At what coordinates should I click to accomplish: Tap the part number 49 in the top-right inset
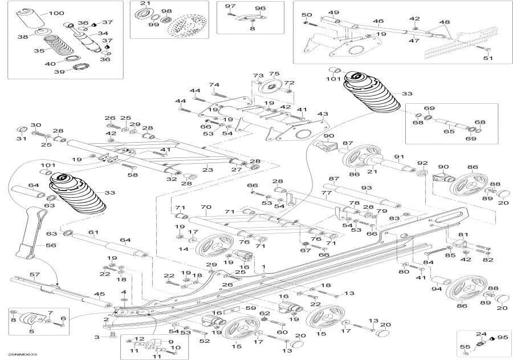(333, 13)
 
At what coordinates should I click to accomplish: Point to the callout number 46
(378, 21)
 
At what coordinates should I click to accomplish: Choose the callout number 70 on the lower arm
(206, 208)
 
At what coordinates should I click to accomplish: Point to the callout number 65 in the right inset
(449, 132)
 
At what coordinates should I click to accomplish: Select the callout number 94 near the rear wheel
(436, 289)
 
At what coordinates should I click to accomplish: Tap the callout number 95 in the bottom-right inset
(502, 337)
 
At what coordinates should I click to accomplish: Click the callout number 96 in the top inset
(260, 9)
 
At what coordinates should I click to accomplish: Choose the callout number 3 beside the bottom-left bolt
(97, 338)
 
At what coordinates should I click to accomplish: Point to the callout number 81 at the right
(463, 234)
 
